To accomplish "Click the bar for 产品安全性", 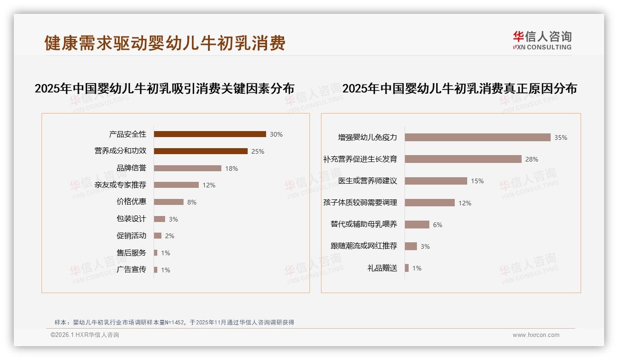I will pyautogui.click(x=210, y=134).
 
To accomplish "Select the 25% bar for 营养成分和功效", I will pyautogui.click(x=201, y=151).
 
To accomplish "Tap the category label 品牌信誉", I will pyautogui.click(x=131, y=168).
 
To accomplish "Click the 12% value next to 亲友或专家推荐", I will pyautogui.click(x=209, y=186).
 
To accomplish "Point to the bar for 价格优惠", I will pyautogui.click(x=168, y=202).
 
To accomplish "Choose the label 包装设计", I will pyautogui.click(x=131, y=219).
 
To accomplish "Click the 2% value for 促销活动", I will pyautogui.click(x=170, y=236).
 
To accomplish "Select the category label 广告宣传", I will pyautogui.click(x=131, y=270).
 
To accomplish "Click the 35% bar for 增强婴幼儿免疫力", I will pyautogui.click(x=477, y=138).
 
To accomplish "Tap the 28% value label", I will pyautogui.click(x=531, y=159).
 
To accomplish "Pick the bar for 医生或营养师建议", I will pyautogui.click(x=436, y=181).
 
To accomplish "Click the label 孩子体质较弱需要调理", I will pyautogui.click(x=360, y=203).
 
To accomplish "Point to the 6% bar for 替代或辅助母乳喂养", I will pyautogui.click(x=417, y=224).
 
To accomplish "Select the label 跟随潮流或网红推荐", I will pyautogui.click(x=363, y=246).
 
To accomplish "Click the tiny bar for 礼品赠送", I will pyautogui.click(x=407, y=268).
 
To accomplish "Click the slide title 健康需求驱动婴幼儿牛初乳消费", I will pyautogui.click(x=165, y=43).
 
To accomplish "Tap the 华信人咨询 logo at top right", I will pyautogui.click(x=542, y=40).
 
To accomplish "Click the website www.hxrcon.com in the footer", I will pyautogui.click(x=536, y=335).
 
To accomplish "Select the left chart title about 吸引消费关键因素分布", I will pyautogui.click(x=165, y=89).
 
